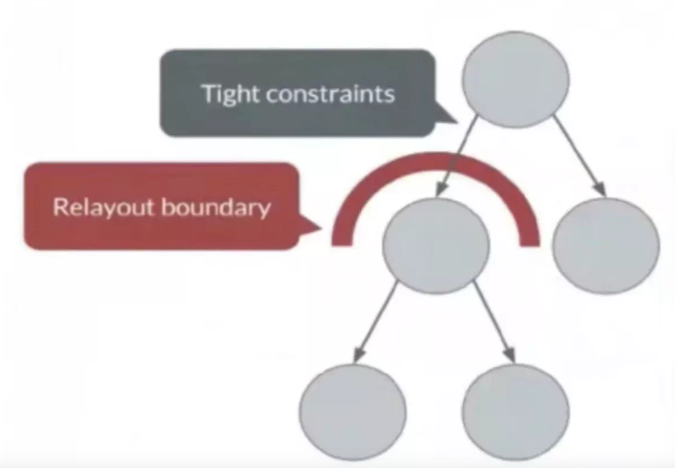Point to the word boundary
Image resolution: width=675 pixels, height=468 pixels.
(x=216, y=208)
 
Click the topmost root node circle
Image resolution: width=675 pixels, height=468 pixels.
(x=515, y=79)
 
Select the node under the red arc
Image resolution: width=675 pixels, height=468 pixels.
(x=436, y=246)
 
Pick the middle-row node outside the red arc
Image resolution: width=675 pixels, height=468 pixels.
(x=606, y=246)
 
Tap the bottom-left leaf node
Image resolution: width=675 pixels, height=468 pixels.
(x=353, y=412)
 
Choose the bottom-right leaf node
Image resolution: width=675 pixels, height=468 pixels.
(x=515, y=412)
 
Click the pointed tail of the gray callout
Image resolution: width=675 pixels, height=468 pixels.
(x=457, y=122)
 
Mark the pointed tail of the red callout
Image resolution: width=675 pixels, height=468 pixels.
(x=321, y=227)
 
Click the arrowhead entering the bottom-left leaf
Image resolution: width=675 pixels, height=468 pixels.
(x=358, y=355)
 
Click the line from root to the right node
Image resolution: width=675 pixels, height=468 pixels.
(x=579, y=156)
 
